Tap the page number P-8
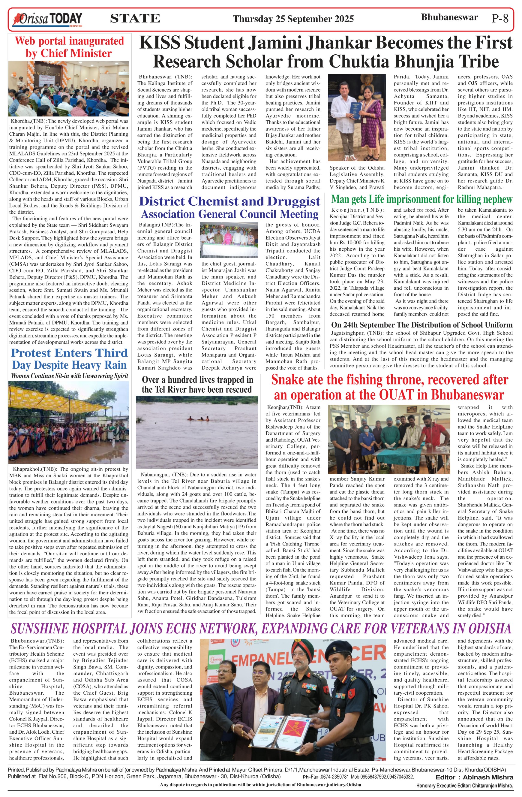tap(500, 18)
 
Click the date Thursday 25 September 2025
tap(293, 19)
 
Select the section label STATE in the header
tap(135, 18)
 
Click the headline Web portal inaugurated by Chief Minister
tap(69, 47)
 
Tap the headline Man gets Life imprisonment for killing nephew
tap(421, 199)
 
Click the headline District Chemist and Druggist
tap(229, 201)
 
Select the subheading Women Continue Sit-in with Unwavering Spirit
tap(69, 376)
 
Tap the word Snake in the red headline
tap(285, 380)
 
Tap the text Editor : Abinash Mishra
tap(474, 777)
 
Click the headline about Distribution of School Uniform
tap(421, 325)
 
